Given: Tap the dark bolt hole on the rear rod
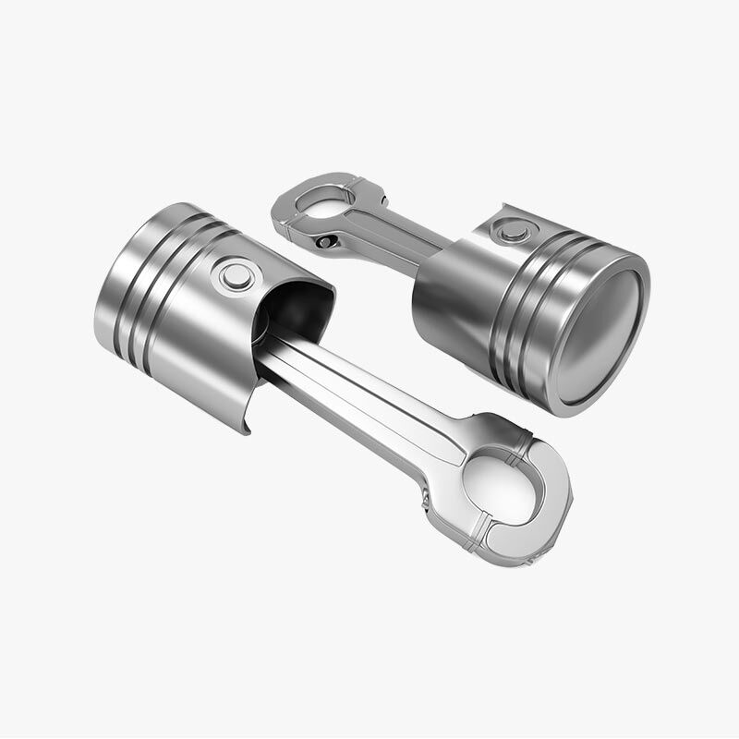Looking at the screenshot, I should coord(324,242).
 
